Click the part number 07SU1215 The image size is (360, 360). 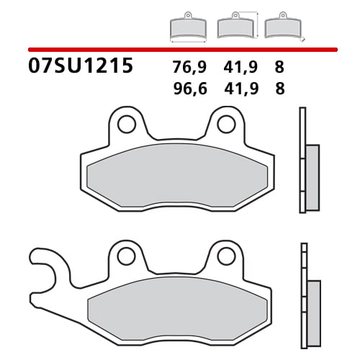(81, 67)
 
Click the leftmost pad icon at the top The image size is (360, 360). (187, 27)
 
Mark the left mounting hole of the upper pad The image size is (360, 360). (127, 124)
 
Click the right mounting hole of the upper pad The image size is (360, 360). (225, 124)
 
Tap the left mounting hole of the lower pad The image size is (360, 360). (127, 256)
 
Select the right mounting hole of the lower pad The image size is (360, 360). (225, 256)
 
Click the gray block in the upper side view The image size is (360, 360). (312, 177)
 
